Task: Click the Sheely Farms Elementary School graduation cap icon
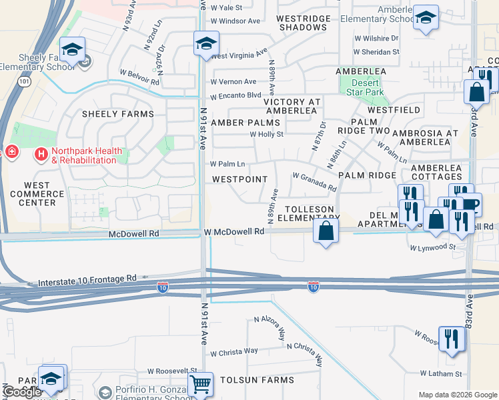click(72, 49)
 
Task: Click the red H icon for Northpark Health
click(41, 155)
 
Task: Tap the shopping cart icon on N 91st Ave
click(200, 384)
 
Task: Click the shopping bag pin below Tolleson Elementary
click(326, 232)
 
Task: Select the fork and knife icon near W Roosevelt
click(452, 338)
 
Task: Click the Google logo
click(22, 392)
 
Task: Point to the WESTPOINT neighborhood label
click(239, 179)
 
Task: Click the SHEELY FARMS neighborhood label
click(117, 114)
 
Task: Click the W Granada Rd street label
click(314, 181)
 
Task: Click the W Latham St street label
click(441, 374)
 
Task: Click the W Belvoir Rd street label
click(139, 77)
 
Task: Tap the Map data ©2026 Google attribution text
click(457, 395)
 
